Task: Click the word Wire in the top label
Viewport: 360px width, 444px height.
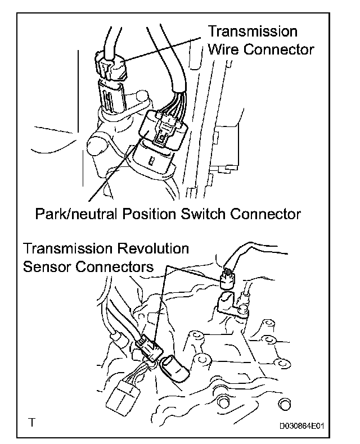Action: pos(223,49)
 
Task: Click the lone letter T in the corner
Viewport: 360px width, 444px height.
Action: pos(35,421)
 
